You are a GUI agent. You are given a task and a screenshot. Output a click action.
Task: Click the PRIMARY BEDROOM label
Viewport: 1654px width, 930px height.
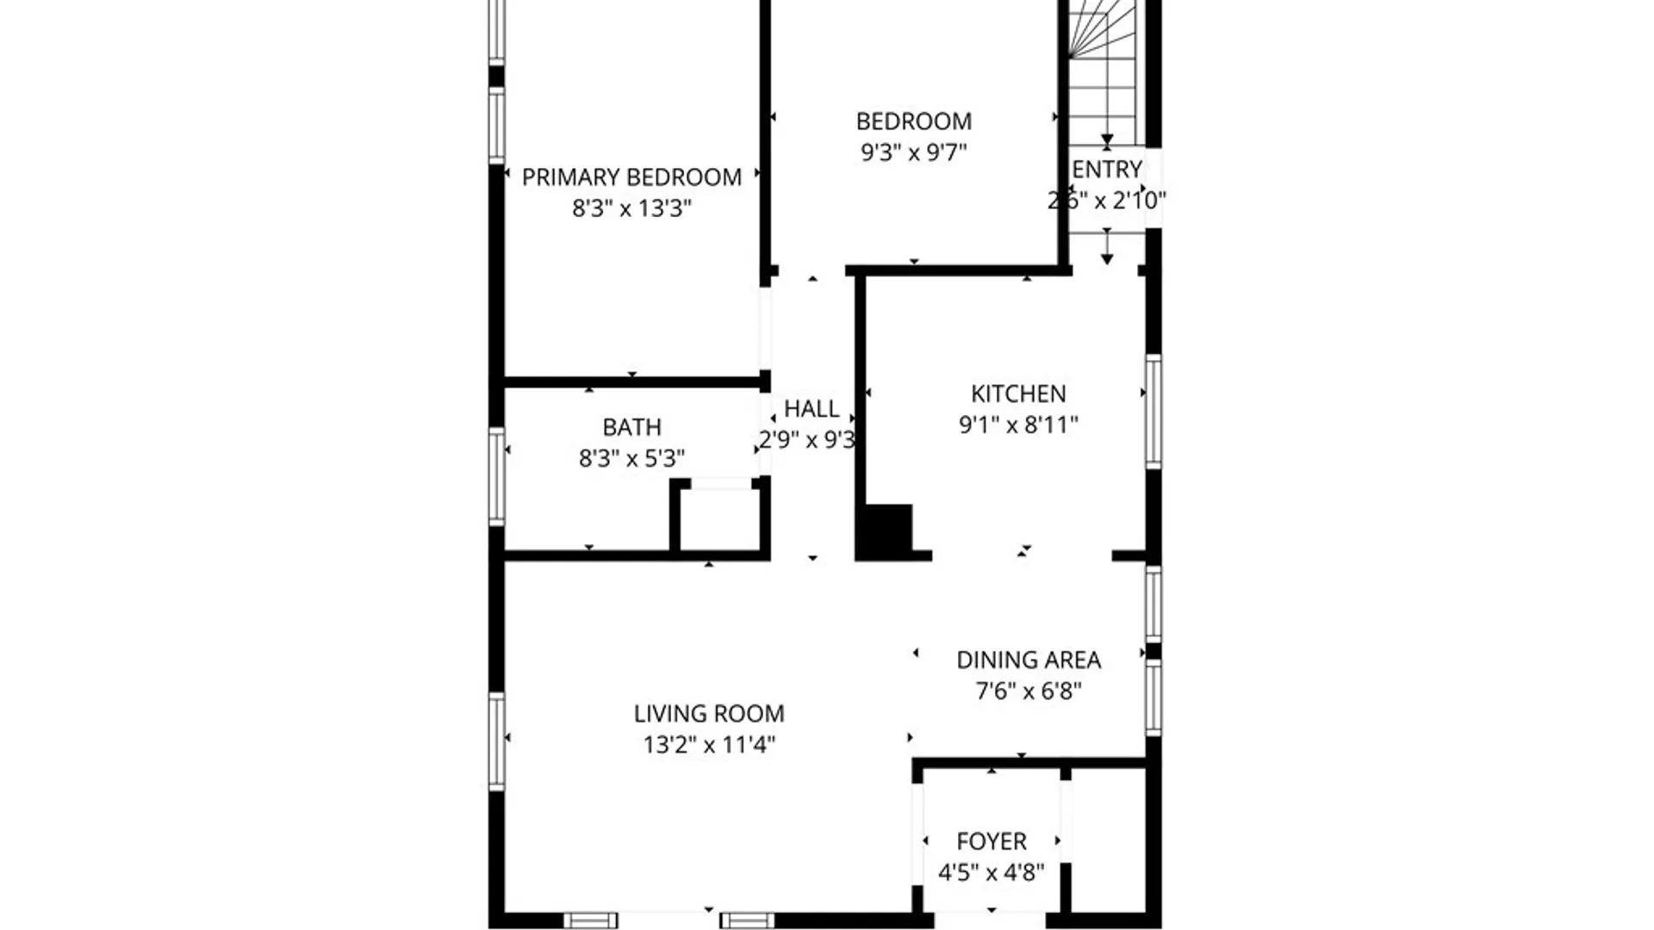pos(631,177)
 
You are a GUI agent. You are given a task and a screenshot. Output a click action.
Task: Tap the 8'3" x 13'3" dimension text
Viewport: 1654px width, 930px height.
pos(631,208)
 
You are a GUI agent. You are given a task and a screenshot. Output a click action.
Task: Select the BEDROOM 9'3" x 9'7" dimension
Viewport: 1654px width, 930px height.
pos(913,152)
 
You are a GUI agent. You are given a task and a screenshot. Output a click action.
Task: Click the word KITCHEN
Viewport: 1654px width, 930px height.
pos(1018,394)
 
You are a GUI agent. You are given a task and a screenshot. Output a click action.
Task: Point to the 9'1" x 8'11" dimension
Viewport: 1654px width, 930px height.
pos(1018,425)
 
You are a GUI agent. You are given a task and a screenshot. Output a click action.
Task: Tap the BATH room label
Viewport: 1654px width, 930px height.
pos(631,427)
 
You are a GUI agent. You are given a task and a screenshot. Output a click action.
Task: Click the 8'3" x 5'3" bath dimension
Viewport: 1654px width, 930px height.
pos(631,458)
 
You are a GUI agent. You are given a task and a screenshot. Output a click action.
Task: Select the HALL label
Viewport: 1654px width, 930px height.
pos(811,408)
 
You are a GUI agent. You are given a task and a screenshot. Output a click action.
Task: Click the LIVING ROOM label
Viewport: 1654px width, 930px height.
pos(708,714)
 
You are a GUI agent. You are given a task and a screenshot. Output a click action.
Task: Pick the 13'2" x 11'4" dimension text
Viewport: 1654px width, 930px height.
pos(708,745)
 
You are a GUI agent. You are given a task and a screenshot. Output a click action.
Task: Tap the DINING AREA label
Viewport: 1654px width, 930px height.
pos(1028,660)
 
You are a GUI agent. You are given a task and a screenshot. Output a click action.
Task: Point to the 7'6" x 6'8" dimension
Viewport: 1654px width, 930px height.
pos(1028,691)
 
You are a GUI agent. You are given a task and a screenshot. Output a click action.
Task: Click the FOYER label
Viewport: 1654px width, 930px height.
pos(991,841)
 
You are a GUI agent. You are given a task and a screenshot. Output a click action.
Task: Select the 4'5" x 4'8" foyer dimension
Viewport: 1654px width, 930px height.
pos(991,872)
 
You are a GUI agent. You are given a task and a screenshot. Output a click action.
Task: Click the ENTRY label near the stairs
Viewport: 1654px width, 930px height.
pos(1106,170)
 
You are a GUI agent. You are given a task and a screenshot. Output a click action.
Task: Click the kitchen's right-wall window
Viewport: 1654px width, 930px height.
pos(1153,411)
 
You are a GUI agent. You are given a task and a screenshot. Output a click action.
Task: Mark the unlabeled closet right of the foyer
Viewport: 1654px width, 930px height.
pos(1109,840)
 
